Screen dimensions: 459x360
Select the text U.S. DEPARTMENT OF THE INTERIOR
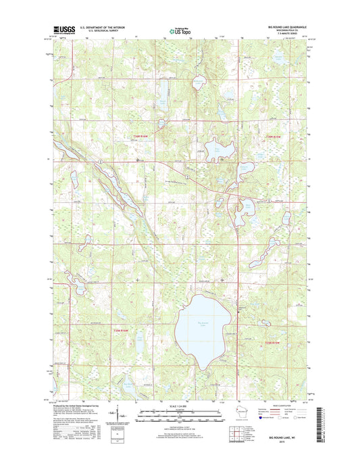tap(102, 27)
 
